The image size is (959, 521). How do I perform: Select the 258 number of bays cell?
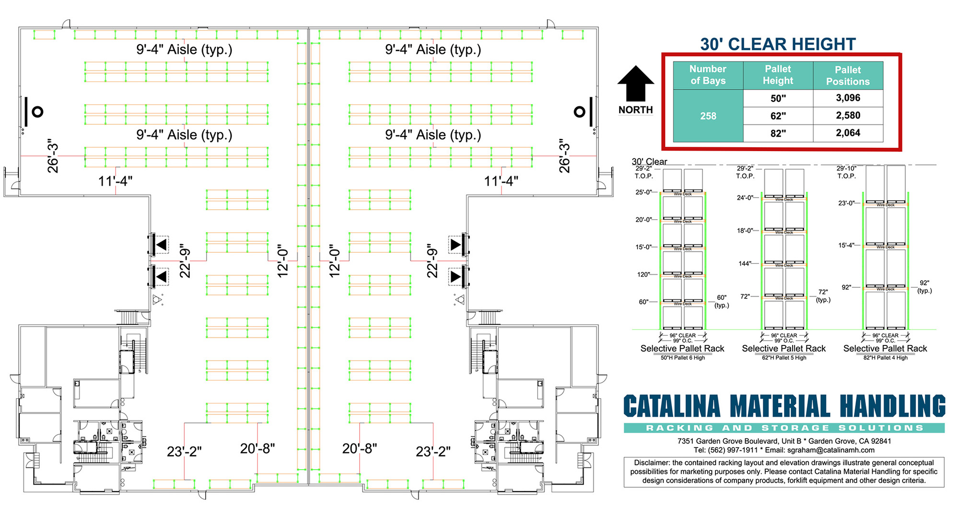tap(708, 116)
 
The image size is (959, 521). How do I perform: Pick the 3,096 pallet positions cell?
tap(848, 98)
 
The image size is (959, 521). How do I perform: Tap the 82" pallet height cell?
tap(778, 133)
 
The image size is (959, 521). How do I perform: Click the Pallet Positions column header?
tap(848, 76)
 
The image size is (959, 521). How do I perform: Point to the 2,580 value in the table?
tap(848, 116)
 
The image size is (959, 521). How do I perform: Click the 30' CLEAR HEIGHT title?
tap(778, 44)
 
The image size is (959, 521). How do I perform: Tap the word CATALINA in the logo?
tap(672, 407)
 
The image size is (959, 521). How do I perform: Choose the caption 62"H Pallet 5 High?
tap(784, 358)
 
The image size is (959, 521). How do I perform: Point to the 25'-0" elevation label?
tap(643, 192)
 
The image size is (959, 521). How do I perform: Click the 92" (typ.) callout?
tap(924, 287)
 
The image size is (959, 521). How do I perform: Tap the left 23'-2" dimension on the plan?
tap(184, 452)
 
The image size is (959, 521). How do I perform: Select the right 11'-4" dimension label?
tap(501, 181)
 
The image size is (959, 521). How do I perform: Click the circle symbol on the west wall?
tap(37, 112)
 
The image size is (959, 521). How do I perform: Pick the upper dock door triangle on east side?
tap(456, 245)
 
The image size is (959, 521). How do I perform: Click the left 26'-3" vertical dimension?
tap(53, 156)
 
